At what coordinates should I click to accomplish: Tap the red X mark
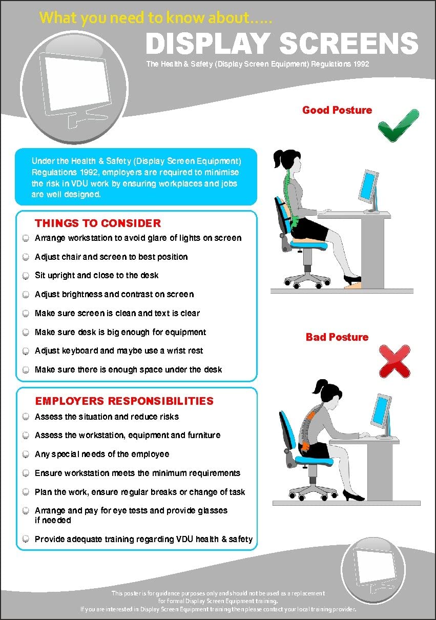(395, 361)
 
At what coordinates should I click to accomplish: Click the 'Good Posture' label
(337, 110)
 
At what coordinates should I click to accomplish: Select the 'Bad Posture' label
(337, 337)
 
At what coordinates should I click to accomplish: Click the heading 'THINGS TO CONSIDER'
(98, 223)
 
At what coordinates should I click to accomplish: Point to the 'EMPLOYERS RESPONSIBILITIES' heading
(124, 401)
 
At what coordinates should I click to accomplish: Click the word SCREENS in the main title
(348, 43)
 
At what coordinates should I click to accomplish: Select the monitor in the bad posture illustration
(382, 416)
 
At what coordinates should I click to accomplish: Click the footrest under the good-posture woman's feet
(353, 284)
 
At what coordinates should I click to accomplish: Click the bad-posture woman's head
(329, 394)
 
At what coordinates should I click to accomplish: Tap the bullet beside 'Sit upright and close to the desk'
(26, 276)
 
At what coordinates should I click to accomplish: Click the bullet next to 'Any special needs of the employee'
(26, 454)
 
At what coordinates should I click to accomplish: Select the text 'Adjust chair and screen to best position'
(111, 257)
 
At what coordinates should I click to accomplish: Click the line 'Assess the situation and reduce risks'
(107, 417)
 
